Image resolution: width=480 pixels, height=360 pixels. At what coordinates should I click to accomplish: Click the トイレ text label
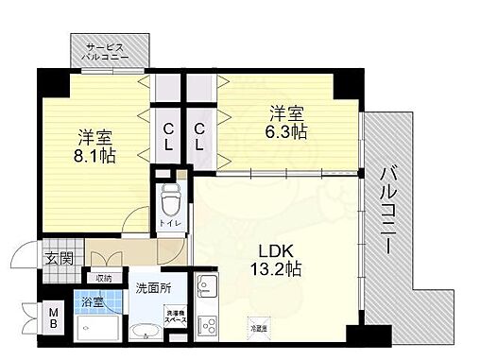(166, 223)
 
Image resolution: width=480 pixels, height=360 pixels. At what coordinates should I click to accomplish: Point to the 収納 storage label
(104, 278)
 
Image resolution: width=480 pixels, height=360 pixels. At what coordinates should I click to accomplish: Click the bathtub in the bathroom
(100, 332)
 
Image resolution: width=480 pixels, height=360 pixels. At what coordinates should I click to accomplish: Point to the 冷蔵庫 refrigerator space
(257, 328)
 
